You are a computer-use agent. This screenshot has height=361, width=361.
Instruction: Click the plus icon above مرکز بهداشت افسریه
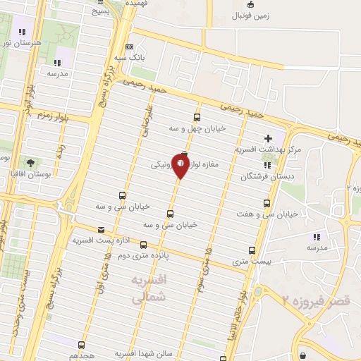coord(267,138)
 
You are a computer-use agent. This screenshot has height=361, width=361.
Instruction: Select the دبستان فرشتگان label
coord(264,176)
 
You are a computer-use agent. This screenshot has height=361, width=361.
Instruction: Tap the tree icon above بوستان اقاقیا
coord(30,161)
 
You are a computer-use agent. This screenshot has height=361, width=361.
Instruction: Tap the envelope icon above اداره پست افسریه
coord(102,230)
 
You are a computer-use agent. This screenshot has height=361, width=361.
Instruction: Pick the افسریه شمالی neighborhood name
coord(151,290)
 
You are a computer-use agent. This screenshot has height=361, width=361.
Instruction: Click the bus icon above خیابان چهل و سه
coord(197,118)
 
